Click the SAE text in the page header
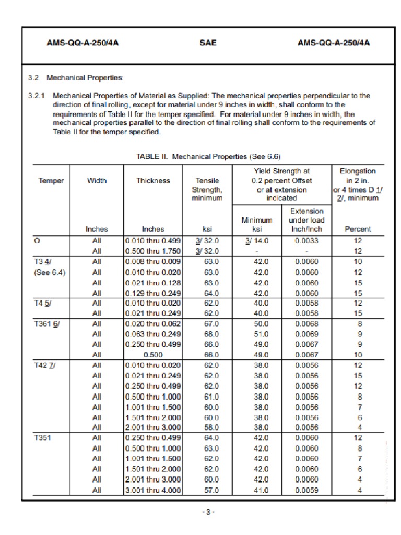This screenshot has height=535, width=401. pos(208,44)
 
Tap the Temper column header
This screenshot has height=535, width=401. pos(51,181)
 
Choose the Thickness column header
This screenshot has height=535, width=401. pos(153,181)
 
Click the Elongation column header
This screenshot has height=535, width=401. pos(358,171)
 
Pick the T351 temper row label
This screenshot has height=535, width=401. pos(44,438)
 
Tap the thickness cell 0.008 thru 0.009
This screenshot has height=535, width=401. pos(152,262)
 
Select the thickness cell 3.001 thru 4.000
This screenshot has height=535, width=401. pos(152,490)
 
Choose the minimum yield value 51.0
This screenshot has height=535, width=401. pos(258,334)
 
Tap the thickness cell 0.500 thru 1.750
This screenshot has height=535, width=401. pos(152,251)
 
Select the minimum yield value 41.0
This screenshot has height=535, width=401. pos(258,490)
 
